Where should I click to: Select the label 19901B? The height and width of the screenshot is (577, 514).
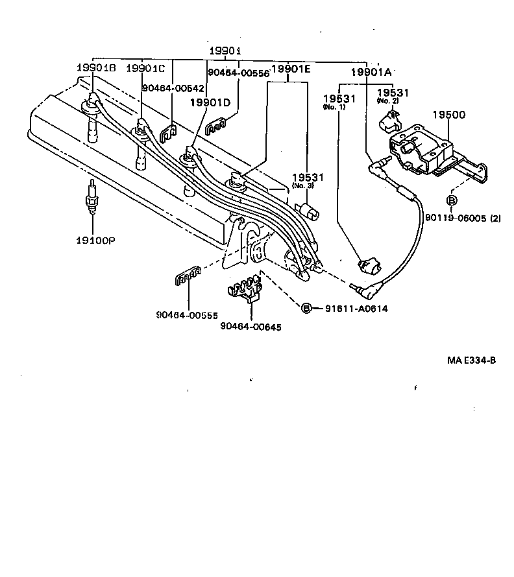click(x=96, y=68)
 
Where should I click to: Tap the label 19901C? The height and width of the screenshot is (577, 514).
click(x=145, y=68)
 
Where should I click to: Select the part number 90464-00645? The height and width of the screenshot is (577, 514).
click(x=251, y=327)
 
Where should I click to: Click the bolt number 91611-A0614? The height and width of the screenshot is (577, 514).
click(x=356, y=309)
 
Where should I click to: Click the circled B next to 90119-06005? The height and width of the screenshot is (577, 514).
click(x=452, y=199)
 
